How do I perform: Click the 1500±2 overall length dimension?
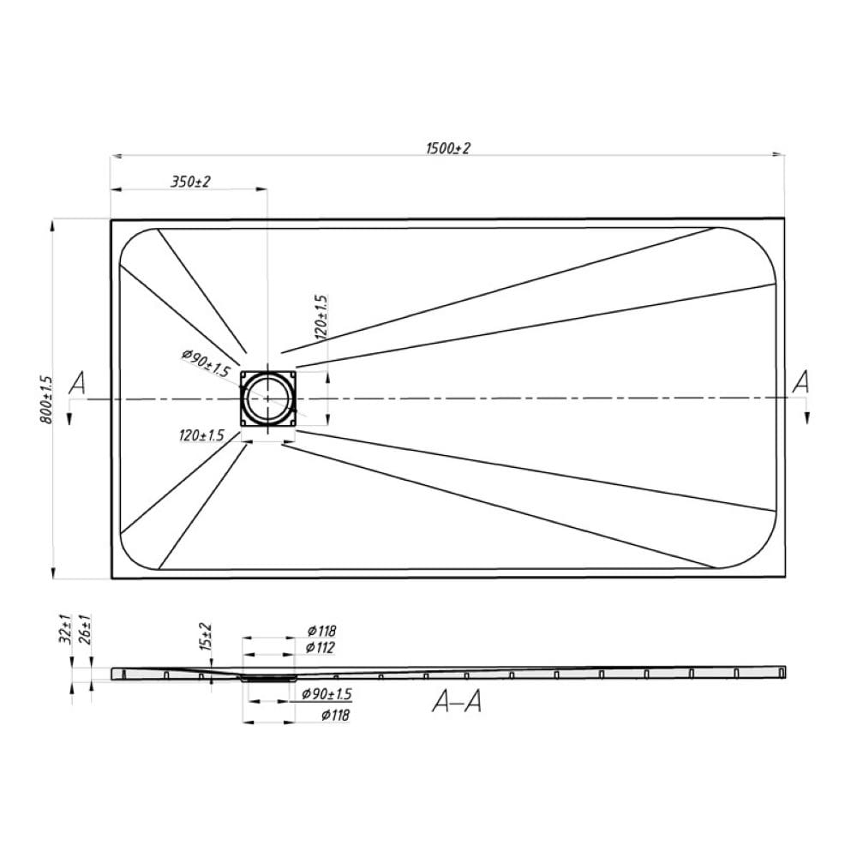[x=447, y=148]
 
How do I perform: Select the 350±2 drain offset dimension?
[x=190, y=182]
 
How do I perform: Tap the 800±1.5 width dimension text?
[x=46, y=399]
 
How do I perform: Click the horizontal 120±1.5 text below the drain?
[x=201, y=435]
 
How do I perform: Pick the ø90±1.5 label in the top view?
[x=206, y=363]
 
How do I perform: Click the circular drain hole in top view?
[x=267, y=399]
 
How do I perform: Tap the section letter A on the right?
[x=800, y=381]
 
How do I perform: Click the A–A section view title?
[x=457, y=701]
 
